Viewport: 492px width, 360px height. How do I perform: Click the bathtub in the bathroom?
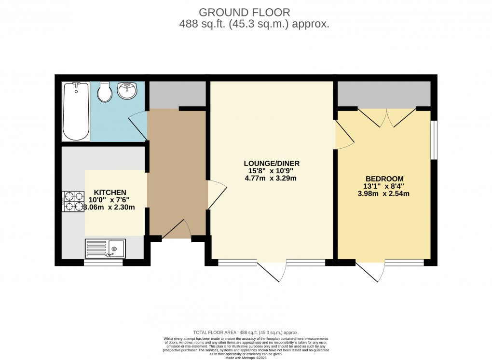click(76, 111)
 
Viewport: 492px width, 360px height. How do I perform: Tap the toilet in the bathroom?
click(105, 92)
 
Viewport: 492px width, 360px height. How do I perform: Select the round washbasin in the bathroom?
click(127, 90)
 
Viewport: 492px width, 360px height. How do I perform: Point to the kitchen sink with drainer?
click(105, 248)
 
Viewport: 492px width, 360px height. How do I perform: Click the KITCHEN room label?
click(110, 192)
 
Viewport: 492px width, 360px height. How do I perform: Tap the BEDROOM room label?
click(383, 179)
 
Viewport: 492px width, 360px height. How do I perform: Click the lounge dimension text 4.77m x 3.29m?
click(270, 178)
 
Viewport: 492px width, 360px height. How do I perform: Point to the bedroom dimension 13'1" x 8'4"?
click(383, 186)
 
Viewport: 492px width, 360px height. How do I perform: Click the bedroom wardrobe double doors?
click(386, 117)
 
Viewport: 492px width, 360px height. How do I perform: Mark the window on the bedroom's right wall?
click(434, 139)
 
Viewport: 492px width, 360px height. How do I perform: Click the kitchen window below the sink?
click(103, 263)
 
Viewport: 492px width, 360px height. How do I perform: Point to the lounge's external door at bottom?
click(271, 271)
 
